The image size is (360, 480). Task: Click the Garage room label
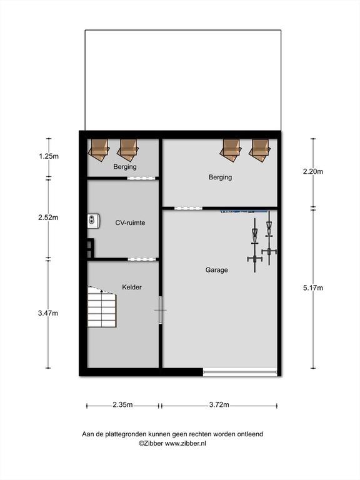click(216, 270)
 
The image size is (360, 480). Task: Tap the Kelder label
click(132, 287)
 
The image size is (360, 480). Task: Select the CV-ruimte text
click(130, 222)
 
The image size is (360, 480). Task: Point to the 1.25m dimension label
click(48, 156)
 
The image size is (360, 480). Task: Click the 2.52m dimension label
click(48, 217)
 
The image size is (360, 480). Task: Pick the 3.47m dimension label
click(48, 313)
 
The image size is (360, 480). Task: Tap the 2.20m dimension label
click(313, 171)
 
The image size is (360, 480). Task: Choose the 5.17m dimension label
click(313, 287)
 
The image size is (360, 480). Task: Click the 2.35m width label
click(122, 405)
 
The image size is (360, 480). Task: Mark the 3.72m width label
click(219, 405)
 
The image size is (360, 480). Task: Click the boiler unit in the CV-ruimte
click(93, 221)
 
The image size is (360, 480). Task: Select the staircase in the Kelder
click(102, 306)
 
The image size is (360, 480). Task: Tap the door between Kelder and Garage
click(161, 310)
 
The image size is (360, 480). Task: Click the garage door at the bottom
click(240, 372)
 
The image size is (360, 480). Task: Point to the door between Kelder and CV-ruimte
click(142, 259)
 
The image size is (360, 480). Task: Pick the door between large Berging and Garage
click(188, 209)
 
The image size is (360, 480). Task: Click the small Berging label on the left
click(125, 167)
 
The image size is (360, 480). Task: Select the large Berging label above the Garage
click(220, 177)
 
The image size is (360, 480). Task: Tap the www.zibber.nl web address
click(186, 443)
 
